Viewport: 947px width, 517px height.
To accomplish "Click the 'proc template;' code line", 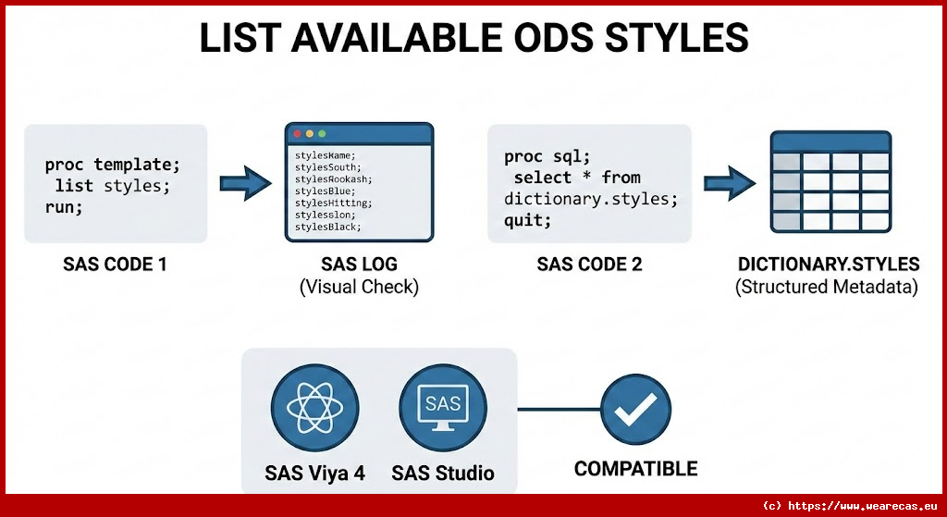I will [113, 165].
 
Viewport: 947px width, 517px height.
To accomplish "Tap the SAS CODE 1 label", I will [116, 265].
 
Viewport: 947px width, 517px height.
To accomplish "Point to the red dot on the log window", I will [297, 134].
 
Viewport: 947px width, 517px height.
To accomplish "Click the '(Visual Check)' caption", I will [359, 287].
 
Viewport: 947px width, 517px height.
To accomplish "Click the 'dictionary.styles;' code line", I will [591, 199].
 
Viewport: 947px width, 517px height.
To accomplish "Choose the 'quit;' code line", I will [528, 220].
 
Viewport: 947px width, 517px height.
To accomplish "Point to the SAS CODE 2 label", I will [589, 265].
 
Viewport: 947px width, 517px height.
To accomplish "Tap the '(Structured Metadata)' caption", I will [827, 287].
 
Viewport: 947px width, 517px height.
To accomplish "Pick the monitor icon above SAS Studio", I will [442, 407].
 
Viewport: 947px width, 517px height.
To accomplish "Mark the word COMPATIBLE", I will [635, 468].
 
